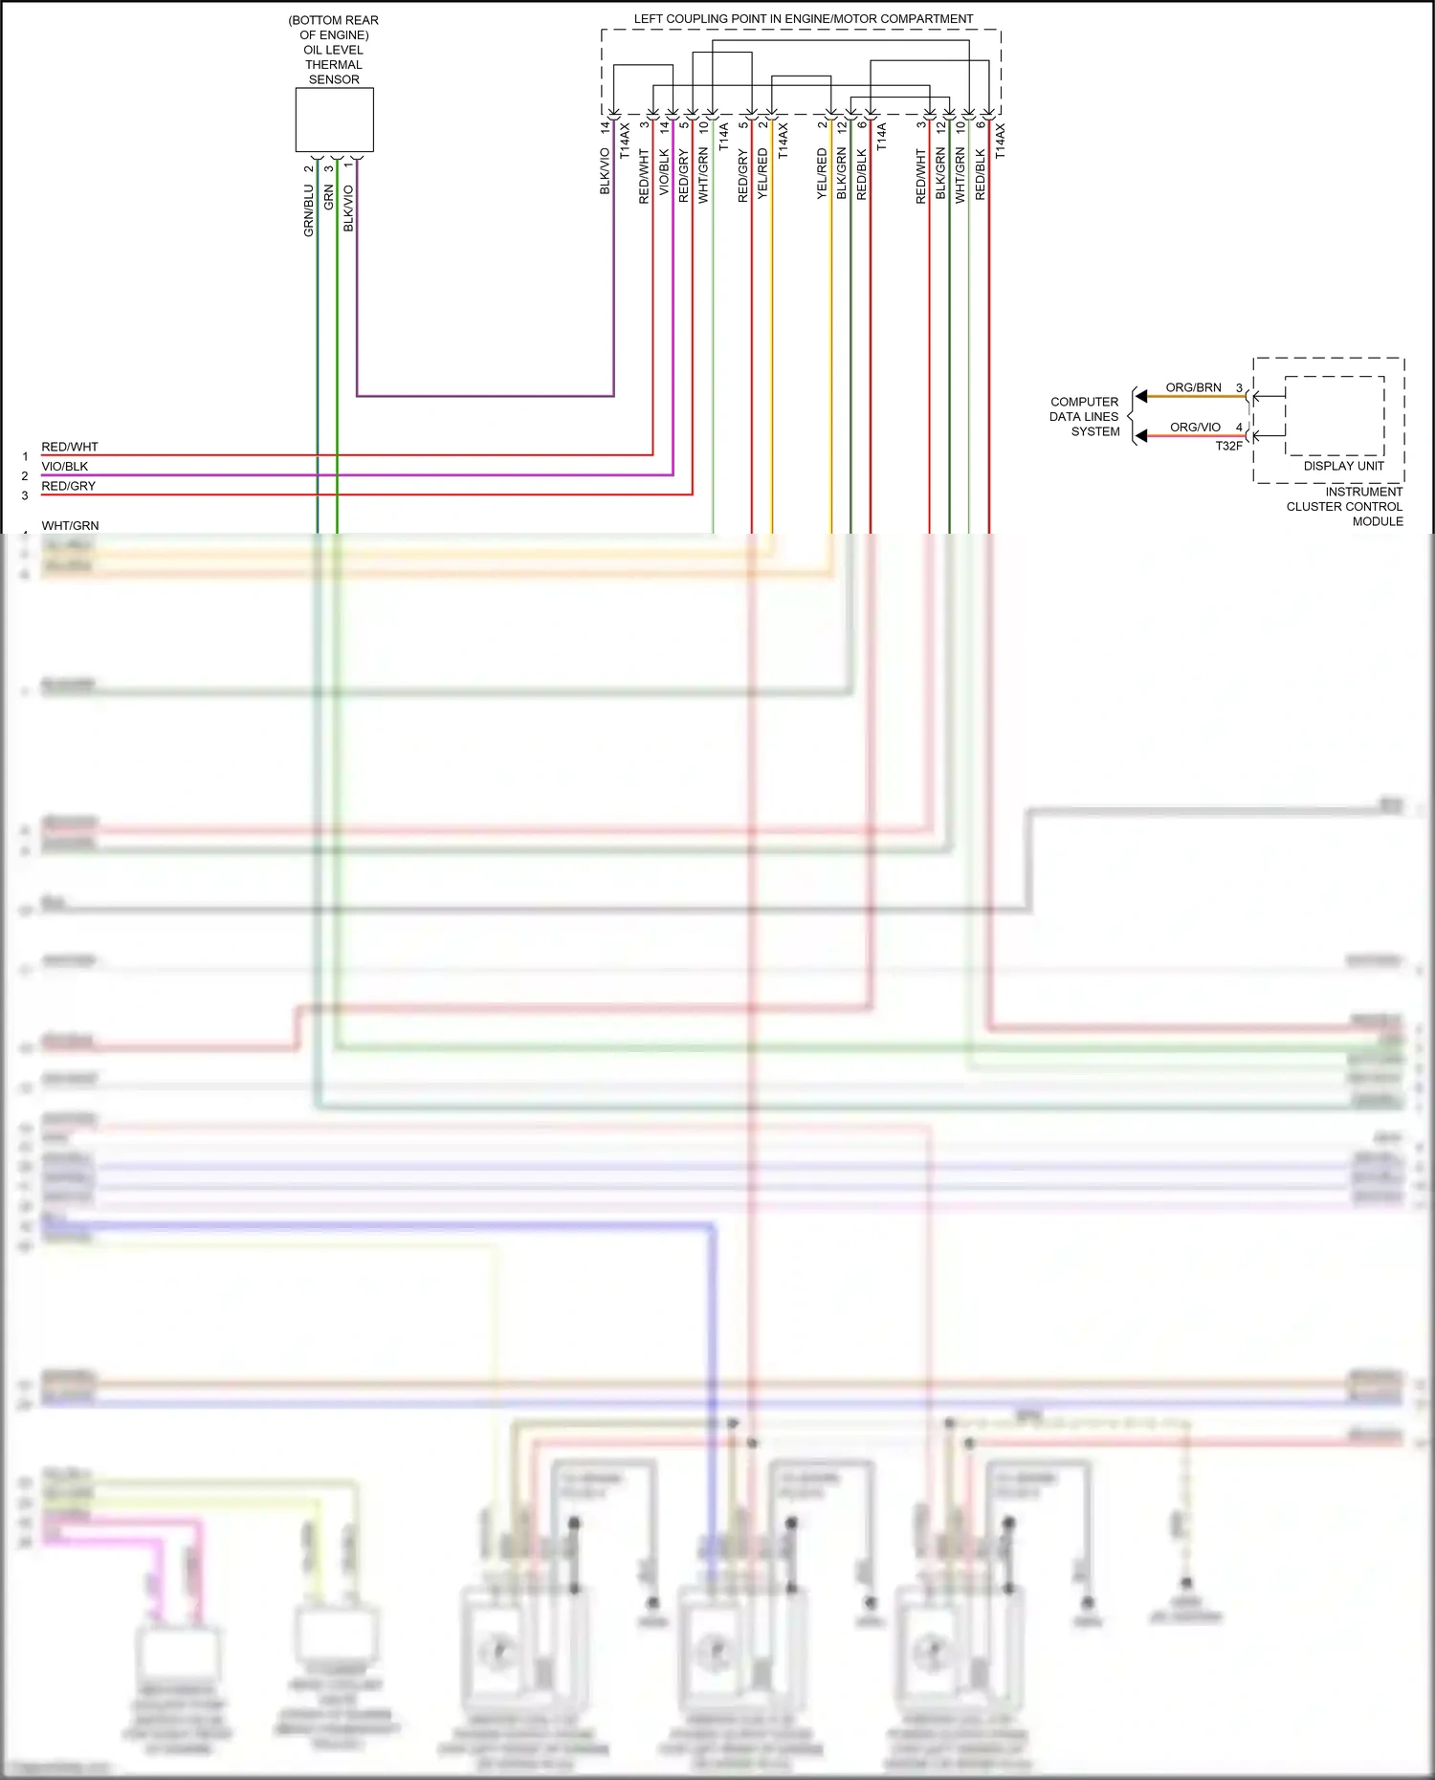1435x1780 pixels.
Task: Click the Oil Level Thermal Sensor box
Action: tap(334, 120)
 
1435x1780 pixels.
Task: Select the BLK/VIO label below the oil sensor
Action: tap(348, 208)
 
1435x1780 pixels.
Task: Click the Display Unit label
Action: tap(1343, 466)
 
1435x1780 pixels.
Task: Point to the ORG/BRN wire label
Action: tap(1193, 387)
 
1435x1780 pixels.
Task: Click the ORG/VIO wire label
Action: tap(1195, 428)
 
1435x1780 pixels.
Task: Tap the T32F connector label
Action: tap(1228, 446)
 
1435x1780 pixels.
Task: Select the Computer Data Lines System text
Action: tap(1084, 417)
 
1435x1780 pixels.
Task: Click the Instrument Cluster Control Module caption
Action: tap(1344, 506)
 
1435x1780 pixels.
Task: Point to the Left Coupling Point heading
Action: tap(803, 19)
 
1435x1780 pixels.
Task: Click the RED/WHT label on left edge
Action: tap(69, 447)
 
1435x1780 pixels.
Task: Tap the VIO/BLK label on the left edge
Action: tap(64, 467)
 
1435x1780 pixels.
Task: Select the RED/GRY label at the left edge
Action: tap(68, 486)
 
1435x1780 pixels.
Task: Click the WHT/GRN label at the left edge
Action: tap(70, 525)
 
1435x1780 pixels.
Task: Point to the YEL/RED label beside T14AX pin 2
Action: tap(762, 173)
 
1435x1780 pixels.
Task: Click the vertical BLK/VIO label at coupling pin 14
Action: tap(605, 171)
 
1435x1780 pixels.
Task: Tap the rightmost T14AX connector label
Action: tap(1000, 140)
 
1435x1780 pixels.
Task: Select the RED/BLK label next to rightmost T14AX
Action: tap(980, 174)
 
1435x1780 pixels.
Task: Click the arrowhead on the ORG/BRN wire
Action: tap(1140, 396)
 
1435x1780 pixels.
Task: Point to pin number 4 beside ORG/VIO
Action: tap(1239, 428)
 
